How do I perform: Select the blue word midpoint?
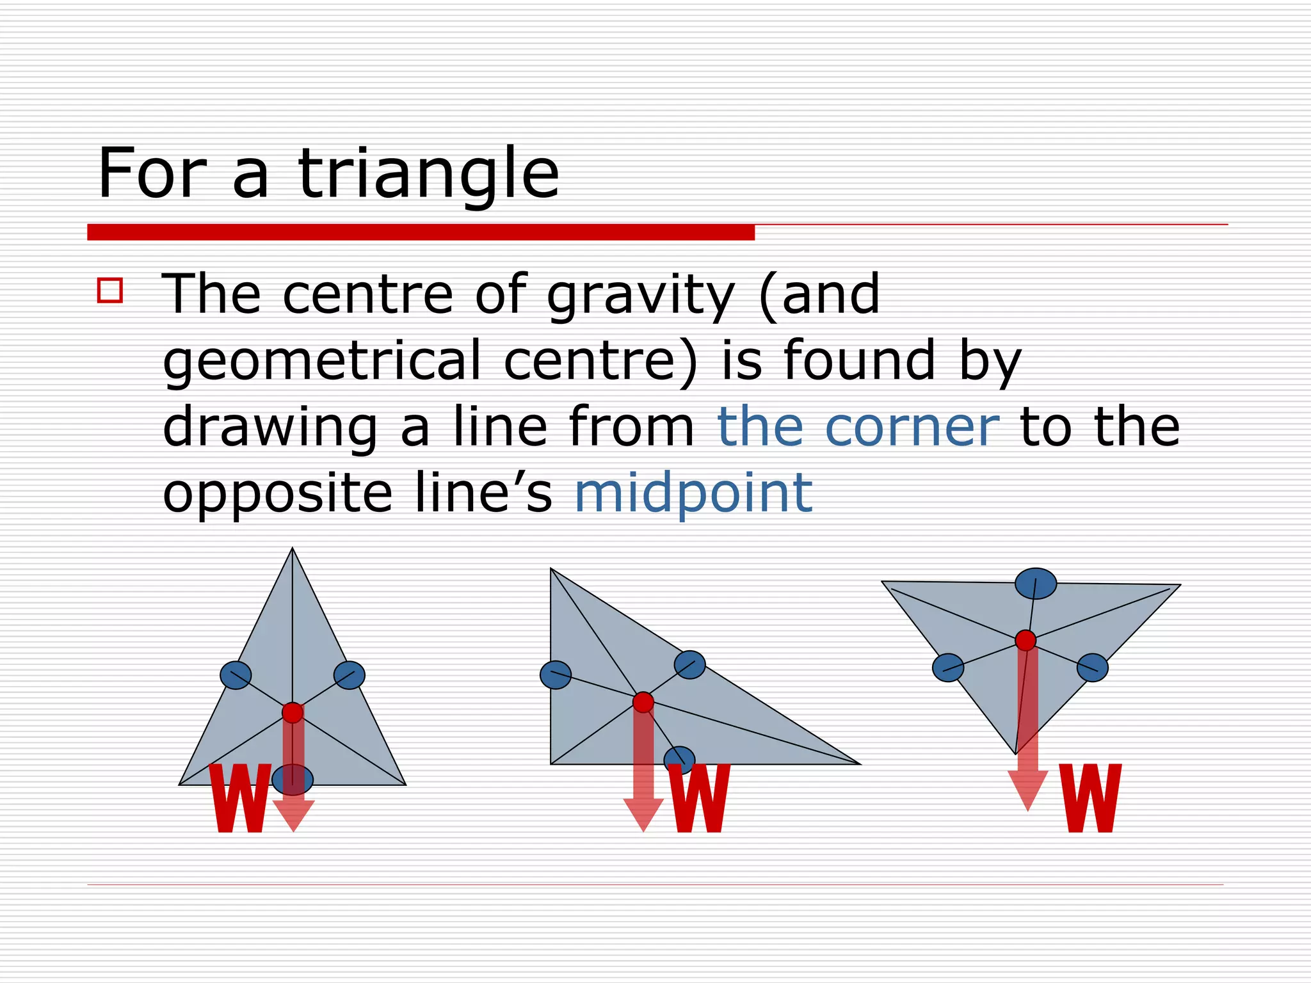[693, 493]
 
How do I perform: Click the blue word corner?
[912, 427]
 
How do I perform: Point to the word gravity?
[640, 296]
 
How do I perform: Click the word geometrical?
[321, 361]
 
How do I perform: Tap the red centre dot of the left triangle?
[293, 712]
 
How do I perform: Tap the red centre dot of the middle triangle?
[643, 702]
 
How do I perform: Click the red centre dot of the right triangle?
[1025, 640]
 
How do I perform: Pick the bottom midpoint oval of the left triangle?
[293, 779]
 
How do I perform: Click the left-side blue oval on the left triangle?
[236, 675]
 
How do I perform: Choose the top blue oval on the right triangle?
[1036, 584]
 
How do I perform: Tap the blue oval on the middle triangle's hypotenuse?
[689, 664]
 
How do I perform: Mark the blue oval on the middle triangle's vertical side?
[556, 675]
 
